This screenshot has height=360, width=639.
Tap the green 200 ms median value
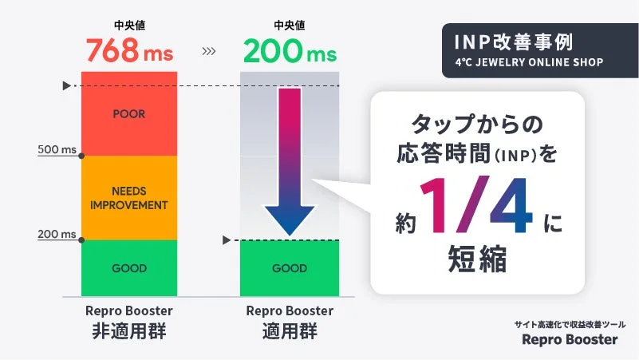click(x=289, y=52)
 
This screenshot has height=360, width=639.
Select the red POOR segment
click(x=129, y=114)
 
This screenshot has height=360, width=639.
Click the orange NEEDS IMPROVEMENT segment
click(x=129, y=198)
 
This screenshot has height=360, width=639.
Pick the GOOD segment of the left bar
click(x=129, y=268)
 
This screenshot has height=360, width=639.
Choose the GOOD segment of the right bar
click(x=290, y=268)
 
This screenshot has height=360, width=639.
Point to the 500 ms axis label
click(x=57, y=149)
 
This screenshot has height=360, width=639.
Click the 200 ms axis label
click(x=57, y=234)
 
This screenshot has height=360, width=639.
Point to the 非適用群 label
click(x=129, y=331)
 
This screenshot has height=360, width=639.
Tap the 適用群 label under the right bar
click(x=290, y=331)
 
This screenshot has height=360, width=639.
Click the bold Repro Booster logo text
click(x=570, y=340)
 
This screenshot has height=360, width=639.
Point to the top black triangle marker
click(x=66, y=85)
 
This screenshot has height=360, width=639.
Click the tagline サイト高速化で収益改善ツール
click(x=570, y=324)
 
